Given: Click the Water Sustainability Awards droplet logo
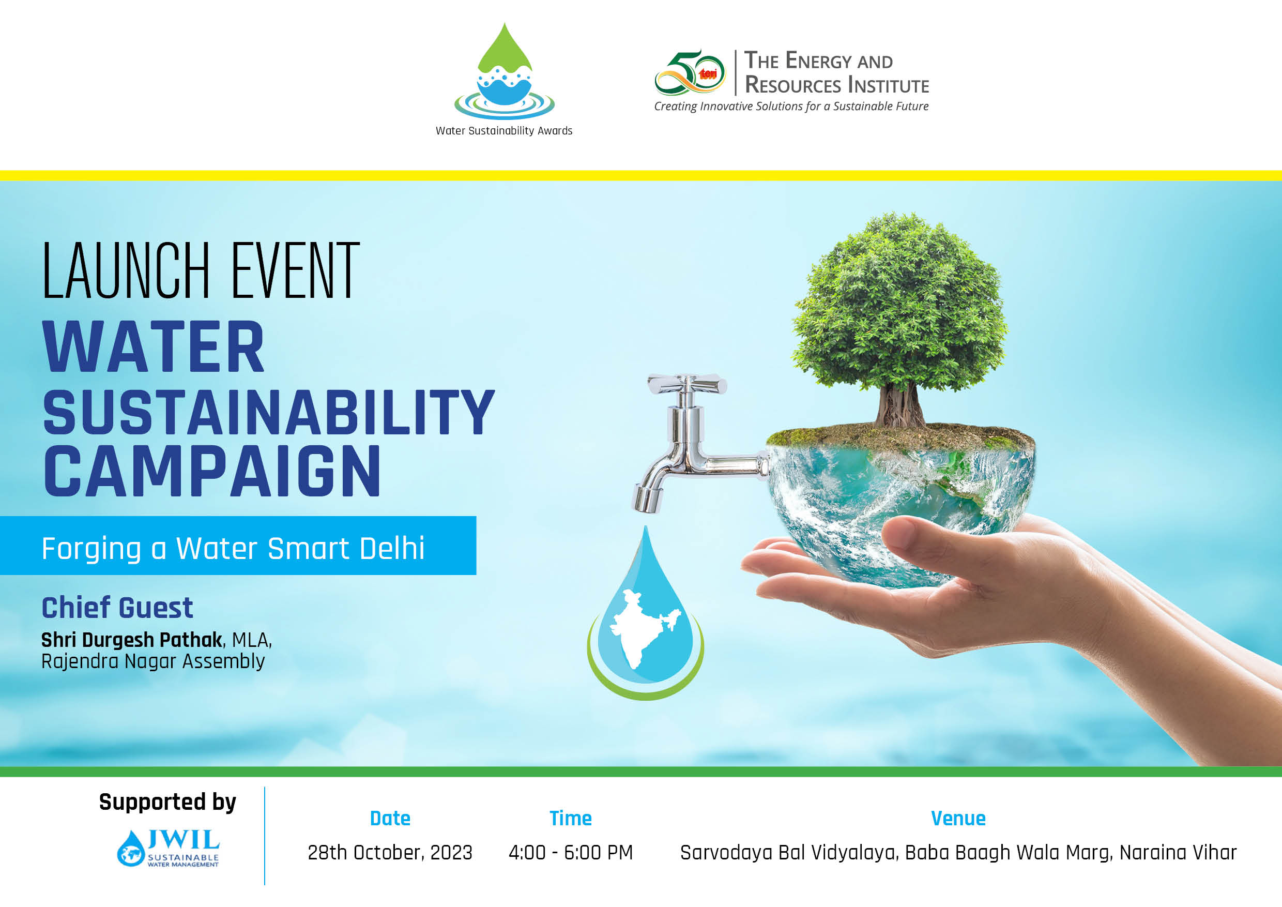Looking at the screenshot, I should click(504, 72).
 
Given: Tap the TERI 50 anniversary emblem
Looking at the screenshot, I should click(690, 72).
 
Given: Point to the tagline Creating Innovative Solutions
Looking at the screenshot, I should click(790, 107).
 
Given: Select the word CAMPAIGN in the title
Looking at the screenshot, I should click(212, 472).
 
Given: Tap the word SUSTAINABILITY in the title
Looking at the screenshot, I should click(268, 413).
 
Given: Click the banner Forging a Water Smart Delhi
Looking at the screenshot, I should click(233, 548).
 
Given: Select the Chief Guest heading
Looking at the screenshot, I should click(117, 608).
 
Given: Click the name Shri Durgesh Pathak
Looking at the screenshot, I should click(132, 640).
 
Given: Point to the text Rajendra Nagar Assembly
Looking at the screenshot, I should click(153, 662).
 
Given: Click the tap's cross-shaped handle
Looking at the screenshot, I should click(687, 384).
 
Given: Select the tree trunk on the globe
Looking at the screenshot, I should click(899, 405).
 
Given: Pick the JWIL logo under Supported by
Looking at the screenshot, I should click(168, 848).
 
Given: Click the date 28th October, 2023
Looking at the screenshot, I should click(390, 853).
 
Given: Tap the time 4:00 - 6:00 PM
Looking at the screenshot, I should click(570, 853).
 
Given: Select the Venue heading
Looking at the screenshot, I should click(958, 819).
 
